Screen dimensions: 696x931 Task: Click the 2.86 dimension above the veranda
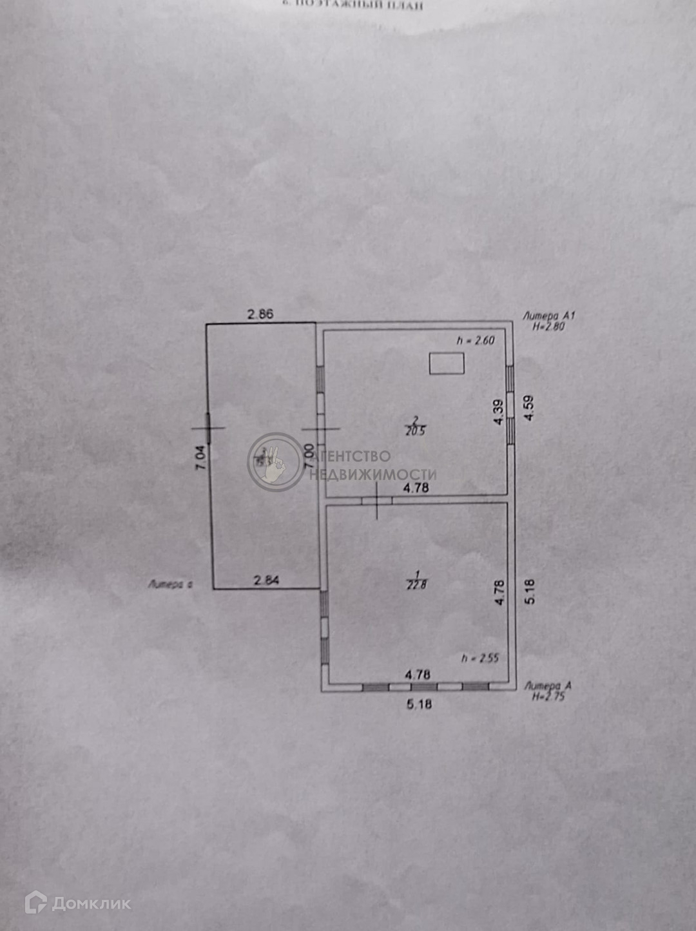click(261, 314)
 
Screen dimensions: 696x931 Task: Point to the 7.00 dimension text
click(309, 456)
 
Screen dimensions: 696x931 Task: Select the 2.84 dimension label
click(267, 580)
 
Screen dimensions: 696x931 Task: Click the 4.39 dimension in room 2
click(498, 412)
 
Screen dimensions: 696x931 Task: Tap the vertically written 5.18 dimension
click(530, 591)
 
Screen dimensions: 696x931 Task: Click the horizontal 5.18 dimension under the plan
click(419, 704)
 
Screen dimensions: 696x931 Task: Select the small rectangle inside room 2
click(447, 363)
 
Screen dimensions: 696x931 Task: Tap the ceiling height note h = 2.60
click(476, 340)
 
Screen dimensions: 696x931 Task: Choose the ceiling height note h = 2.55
click(480, 658)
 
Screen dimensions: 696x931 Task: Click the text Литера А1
click(548, 316)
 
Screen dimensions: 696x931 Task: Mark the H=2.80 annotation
click(548, 327)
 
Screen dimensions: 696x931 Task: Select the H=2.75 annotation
click(548, 696)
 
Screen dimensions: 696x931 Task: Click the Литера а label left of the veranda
click(171, 585)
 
